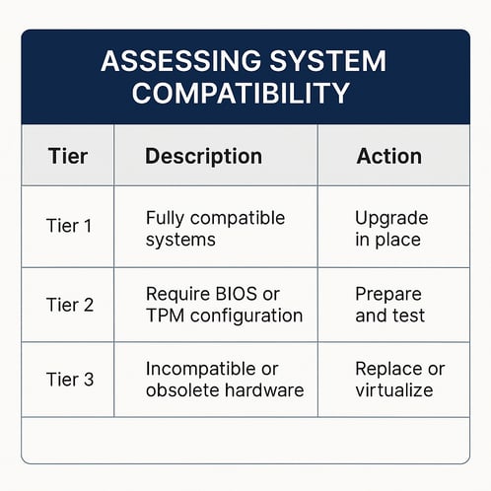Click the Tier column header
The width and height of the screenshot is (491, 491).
click(69, 156)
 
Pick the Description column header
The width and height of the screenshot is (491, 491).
click(203, 156)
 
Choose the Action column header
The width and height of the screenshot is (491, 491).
click(388, 156)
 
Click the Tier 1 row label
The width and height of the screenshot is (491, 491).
click(69, 226)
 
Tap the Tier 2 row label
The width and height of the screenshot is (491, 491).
click(69, 305)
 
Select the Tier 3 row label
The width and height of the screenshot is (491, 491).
click(69, 380)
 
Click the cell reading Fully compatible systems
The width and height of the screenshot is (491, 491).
click(215, 228)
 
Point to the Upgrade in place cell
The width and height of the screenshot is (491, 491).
click(390, 228)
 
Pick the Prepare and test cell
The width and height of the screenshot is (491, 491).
click(388, 305)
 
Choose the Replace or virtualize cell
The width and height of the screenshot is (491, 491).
click(399, 380)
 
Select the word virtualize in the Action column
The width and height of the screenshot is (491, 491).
click(394, 390)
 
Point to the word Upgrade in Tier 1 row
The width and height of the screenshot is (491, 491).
click(390, 217)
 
